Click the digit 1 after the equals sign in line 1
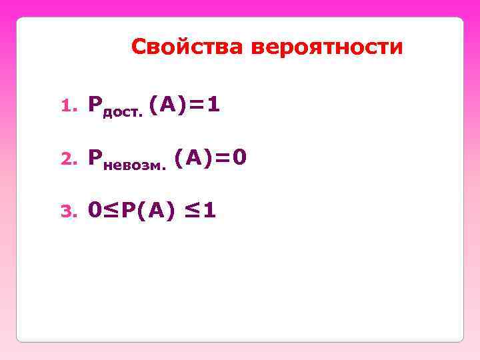tap(213, 103)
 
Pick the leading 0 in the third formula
tap(95, 211)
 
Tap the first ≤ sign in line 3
tap(111, 211)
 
